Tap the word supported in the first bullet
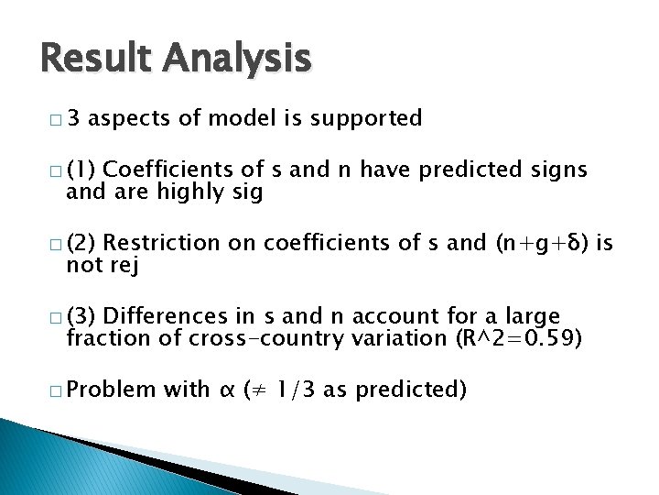(x=366, y=118)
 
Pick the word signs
(x=558, y=170)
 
